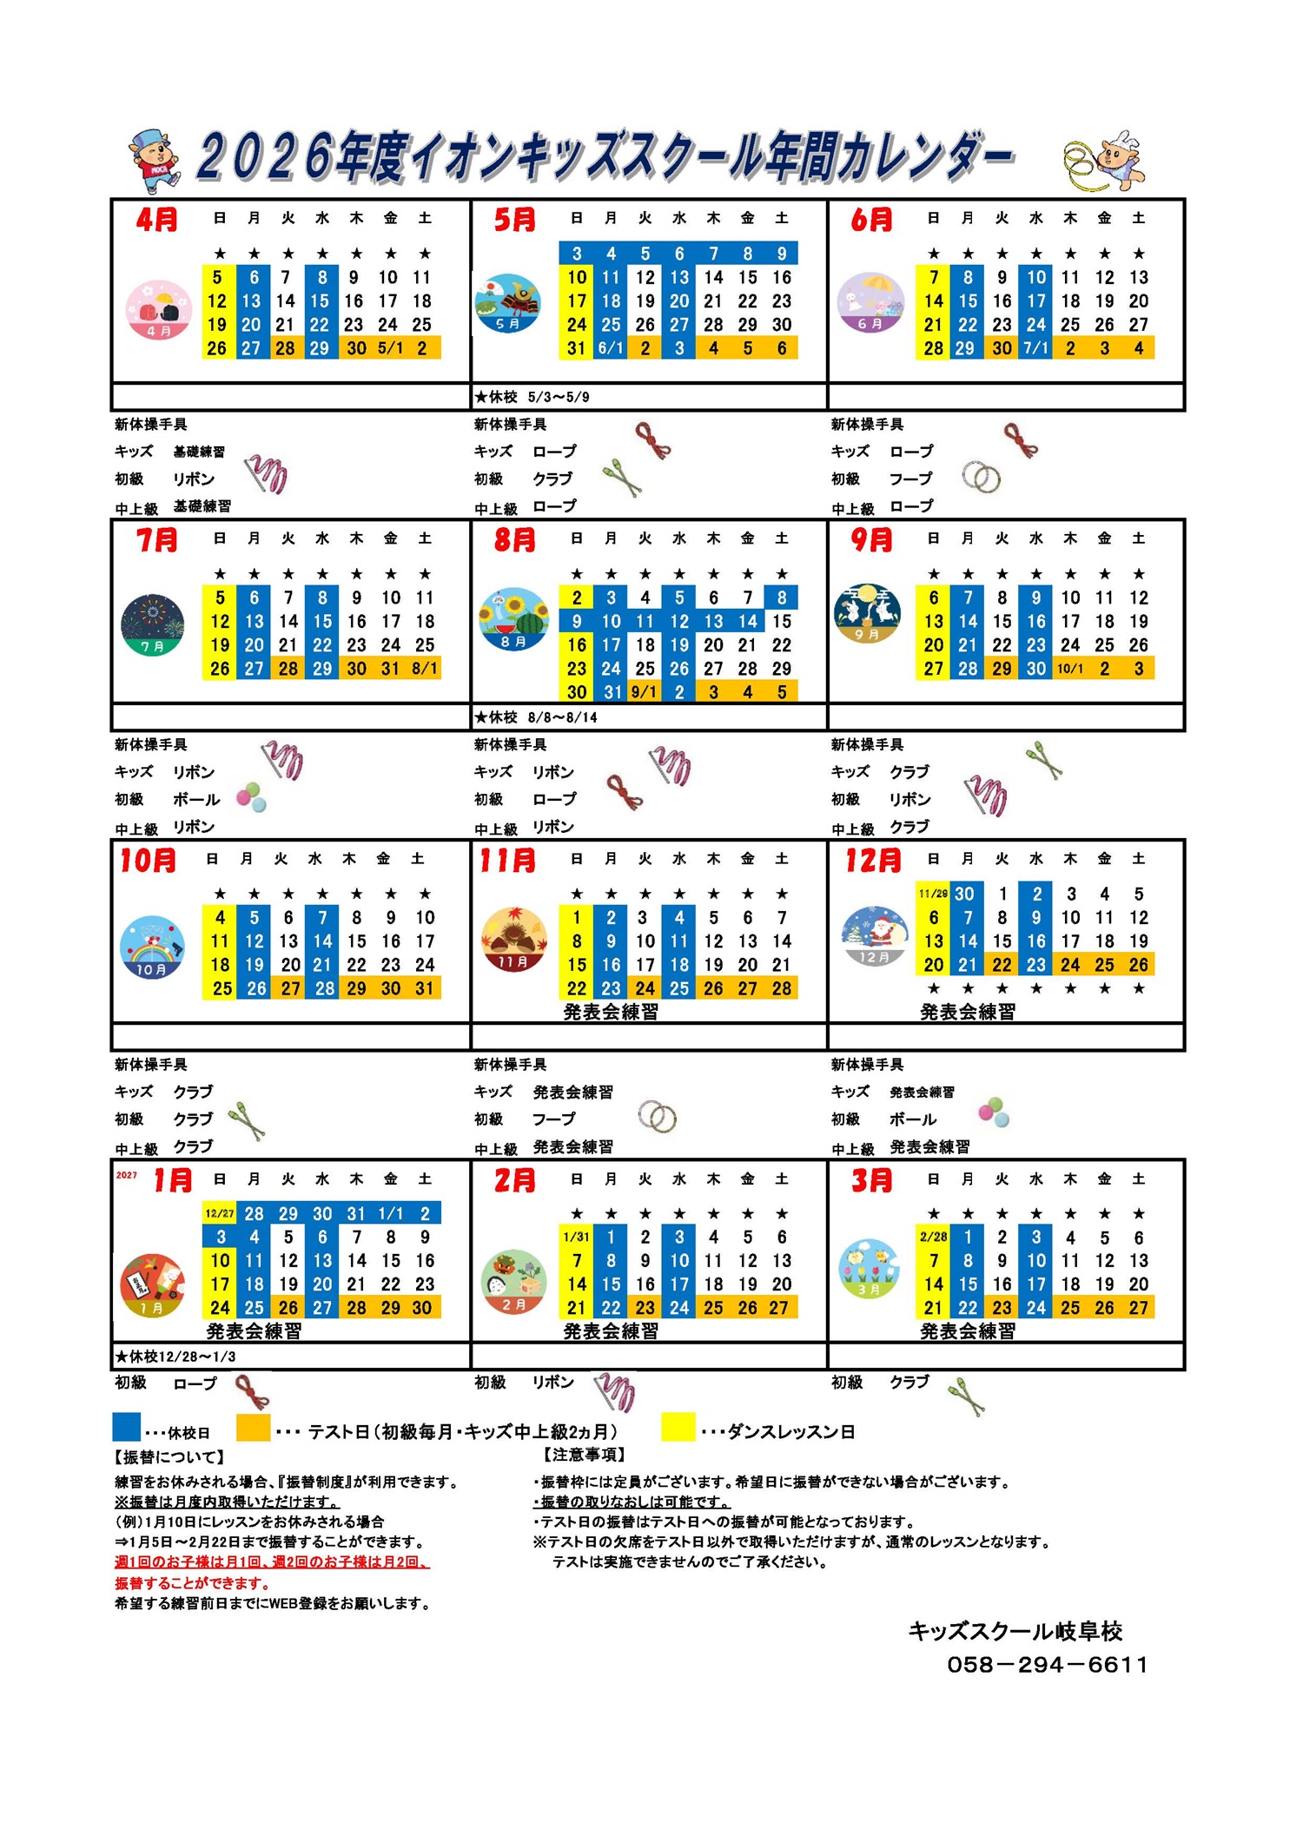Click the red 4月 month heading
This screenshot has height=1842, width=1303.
(x=156, y=220)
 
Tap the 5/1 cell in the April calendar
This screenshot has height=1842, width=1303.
(x=390, y=348)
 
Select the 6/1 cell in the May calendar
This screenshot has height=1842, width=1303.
(x=611, y=348)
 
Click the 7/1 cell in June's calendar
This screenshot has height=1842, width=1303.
(x=1035, y=348)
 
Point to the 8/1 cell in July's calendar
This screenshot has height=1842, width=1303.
(x=425, y=669)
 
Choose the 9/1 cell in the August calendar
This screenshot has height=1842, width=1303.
(x=645, y=692)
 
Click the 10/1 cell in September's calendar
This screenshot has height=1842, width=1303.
(x=1069, y=669)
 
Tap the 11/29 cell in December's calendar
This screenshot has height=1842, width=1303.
(x=933, y=894)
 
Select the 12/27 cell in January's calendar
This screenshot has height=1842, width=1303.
(x=220, y=1213)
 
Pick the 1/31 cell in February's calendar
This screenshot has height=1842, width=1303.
(x=577, y=1237)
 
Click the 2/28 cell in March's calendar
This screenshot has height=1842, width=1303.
(x=933, y=1237)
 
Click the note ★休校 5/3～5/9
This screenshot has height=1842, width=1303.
(x=532, y=397)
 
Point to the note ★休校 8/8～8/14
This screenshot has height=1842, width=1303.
(x=535, y=717)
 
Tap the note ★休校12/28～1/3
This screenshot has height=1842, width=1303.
(x=175, y=1357)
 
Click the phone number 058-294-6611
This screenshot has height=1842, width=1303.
(x=1047, y=1665)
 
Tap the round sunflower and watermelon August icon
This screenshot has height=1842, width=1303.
(x=513, y=619)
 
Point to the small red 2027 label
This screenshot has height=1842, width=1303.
(x=127, y=1175)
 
